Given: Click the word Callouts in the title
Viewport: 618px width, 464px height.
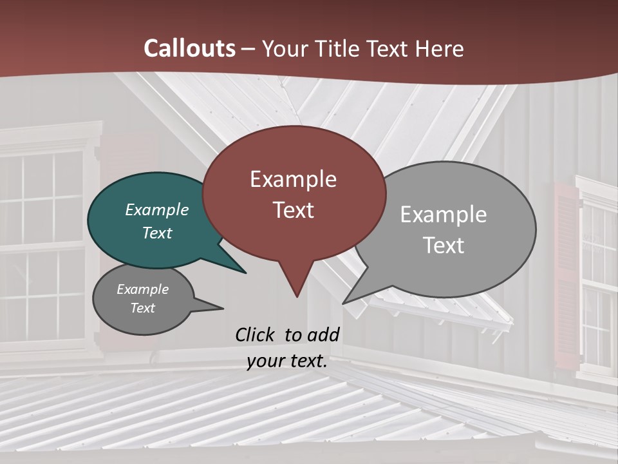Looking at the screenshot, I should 189,48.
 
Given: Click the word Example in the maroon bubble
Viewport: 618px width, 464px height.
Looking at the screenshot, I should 294,179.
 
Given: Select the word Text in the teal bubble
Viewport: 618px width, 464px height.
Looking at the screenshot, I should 157,233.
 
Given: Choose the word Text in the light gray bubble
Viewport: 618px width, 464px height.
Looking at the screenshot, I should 444,246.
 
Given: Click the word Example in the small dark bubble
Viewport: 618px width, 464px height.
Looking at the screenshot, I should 143,289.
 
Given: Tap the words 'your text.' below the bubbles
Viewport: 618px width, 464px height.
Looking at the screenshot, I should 287,361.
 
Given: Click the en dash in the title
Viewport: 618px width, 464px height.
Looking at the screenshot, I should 248,48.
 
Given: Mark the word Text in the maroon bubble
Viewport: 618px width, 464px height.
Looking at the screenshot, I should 294,210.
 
